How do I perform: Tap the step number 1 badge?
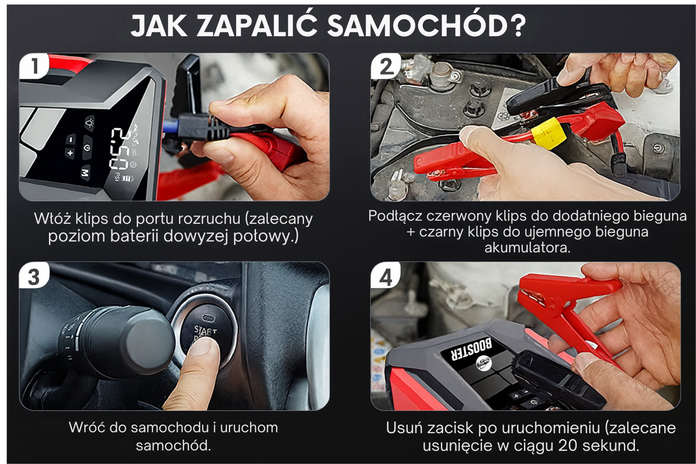tap(34, 66)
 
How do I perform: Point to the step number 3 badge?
tap(34, 276)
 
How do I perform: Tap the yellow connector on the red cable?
tap(548, 134)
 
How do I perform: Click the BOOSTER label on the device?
tap(473, 350)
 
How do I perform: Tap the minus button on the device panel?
tap(71, 139)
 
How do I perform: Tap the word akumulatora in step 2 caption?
tap(528, 248)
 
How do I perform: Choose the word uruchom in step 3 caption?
tap(249, 428)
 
